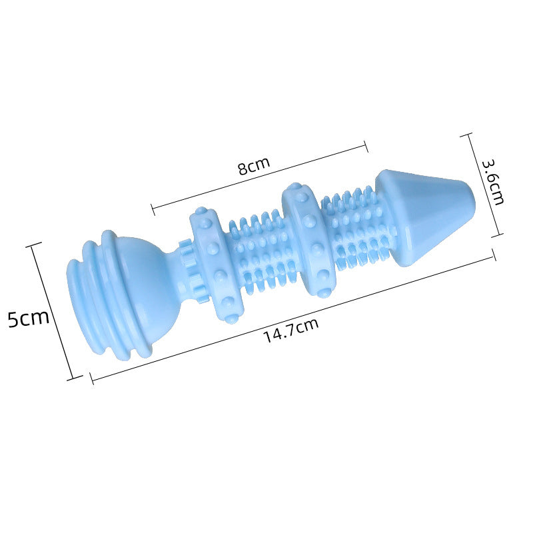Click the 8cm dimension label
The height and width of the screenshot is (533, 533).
(254, 165)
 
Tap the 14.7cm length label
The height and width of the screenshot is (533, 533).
(290, 330)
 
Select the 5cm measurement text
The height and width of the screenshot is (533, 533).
(29, 318)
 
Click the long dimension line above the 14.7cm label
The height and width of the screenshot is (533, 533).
(293, 317)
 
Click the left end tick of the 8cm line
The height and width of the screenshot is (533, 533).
(153, 209)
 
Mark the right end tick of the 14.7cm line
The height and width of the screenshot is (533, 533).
(494, 255)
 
